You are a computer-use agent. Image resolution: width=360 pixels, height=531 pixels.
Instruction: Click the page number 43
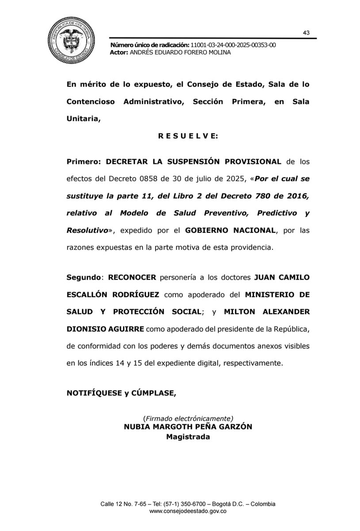(x=306, y=33)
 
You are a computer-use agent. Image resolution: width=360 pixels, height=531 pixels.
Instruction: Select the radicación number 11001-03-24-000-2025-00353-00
(x=233, y=46)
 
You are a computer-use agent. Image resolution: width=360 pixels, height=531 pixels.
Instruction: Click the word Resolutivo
(x=87, y=231)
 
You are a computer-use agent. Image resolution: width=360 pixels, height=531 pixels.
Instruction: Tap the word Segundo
(x=84, y=277)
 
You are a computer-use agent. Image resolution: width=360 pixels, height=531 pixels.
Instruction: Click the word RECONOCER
(x=132, y=277)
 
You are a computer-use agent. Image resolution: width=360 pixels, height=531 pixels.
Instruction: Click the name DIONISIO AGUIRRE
(x=105, y=329)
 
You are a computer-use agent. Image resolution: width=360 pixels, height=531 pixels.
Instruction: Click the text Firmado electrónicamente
(x=188, y=418)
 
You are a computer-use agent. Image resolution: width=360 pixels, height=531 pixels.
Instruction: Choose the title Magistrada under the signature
(x=188, y=437)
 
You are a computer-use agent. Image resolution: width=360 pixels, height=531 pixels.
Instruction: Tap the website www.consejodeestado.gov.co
(x=188, y=511)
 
